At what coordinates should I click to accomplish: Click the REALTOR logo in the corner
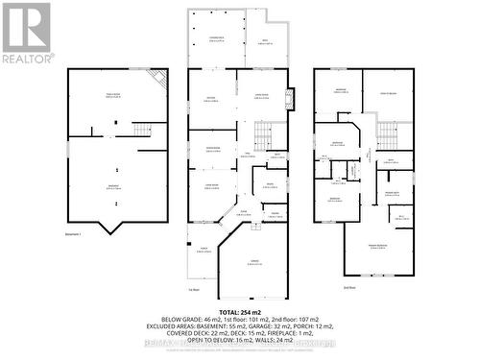(26, 33)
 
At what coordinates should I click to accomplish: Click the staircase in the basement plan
(142, 129)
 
